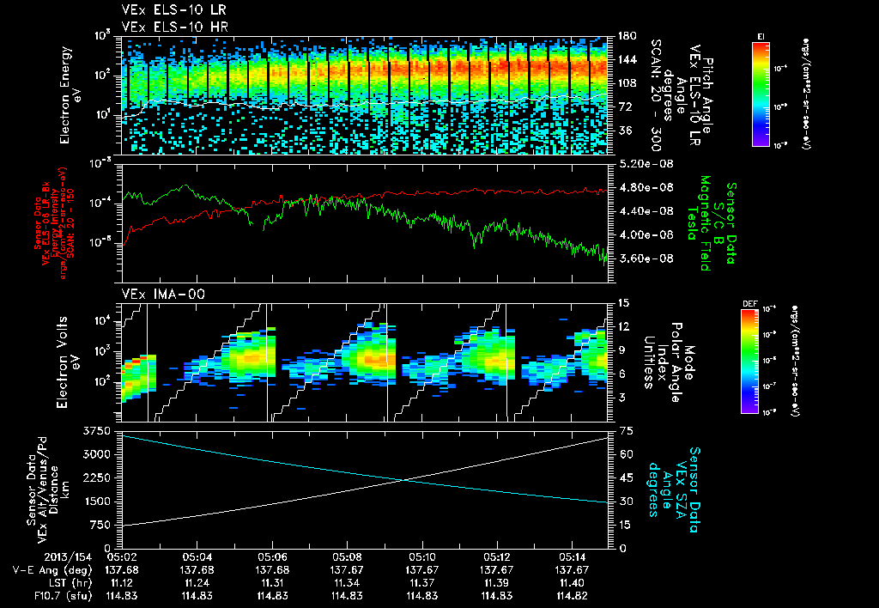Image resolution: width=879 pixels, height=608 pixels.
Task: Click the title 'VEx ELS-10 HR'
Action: [x=166, y=27]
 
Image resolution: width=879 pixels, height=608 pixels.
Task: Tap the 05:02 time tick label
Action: [x=124, y=556]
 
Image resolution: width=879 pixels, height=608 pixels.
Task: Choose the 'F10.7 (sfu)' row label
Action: [x=57, y=595]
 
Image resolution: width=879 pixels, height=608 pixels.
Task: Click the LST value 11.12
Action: [x=124, y=582]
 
